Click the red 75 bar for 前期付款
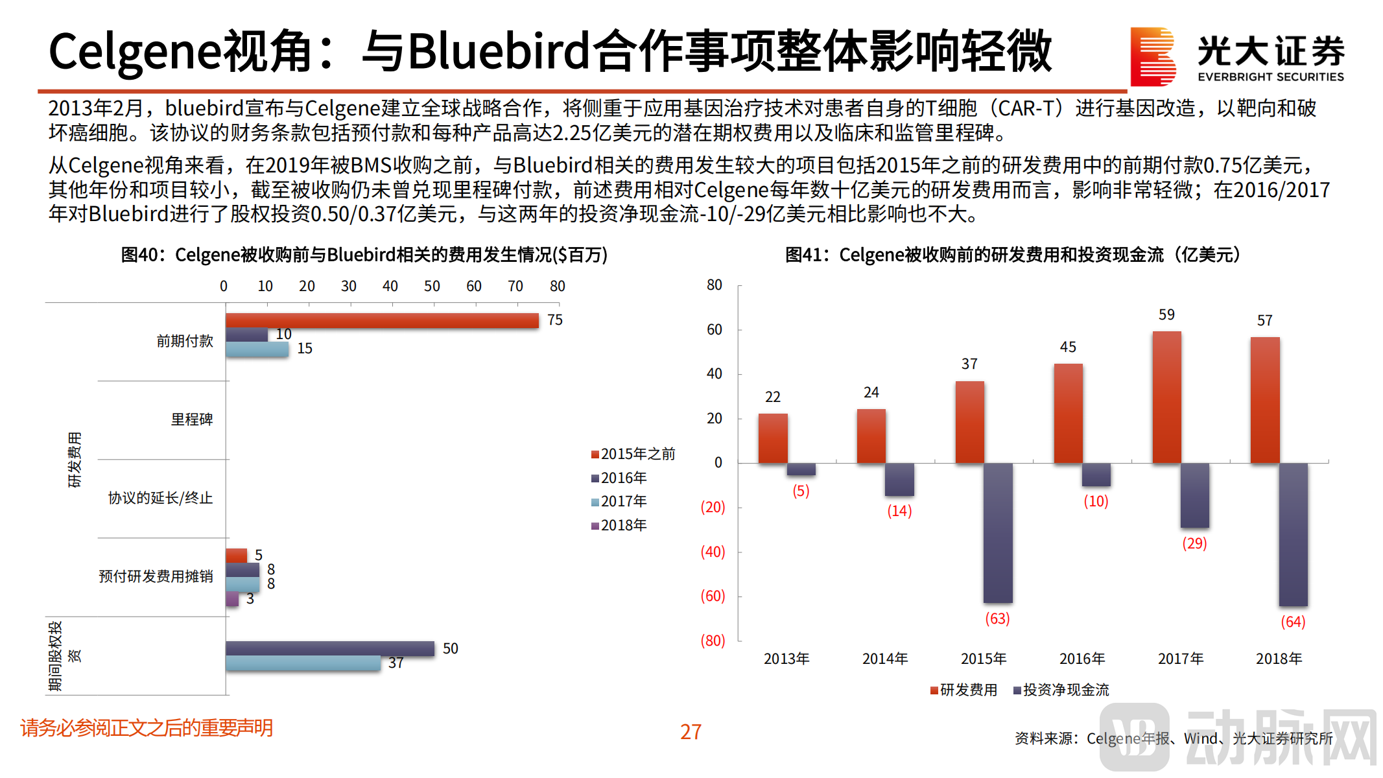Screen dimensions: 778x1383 382,320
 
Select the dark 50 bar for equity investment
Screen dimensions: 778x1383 329,648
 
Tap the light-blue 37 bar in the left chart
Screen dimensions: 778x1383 303,663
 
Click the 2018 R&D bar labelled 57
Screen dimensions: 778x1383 1264,399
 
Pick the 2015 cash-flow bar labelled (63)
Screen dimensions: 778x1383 997,533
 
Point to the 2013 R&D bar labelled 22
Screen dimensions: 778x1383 773,438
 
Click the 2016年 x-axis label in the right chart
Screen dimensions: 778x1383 1082,659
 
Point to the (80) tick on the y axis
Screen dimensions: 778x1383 712,641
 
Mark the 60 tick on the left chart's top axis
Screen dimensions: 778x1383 473,287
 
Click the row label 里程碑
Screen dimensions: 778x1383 191,420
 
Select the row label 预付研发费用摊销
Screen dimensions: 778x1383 156,577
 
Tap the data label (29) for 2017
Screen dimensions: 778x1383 1194,543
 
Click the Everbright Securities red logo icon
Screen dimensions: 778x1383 1152,56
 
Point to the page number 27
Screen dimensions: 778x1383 691,732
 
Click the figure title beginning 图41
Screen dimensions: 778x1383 1013,255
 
